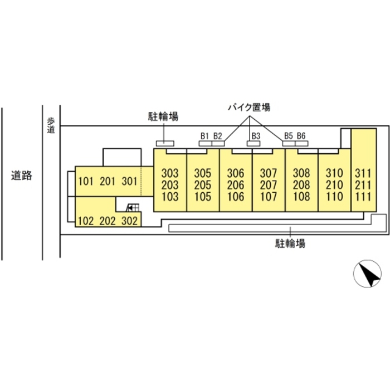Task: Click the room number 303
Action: pos(169,173)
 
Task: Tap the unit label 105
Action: pos(202,196)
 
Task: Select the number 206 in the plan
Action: pos(236,184)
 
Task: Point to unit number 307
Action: pos(269,173)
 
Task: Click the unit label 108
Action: pos(301,196)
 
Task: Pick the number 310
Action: pos(334,173)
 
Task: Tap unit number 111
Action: pos(363,196)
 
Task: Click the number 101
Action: pos(86,181)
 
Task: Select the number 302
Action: pos(129,221)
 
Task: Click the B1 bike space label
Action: pos(204,135)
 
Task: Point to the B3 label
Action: pos(256,135)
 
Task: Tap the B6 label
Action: pos(301,135)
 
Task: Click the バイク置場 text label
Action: pos(249,106)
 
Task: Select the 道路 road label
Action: pos(22,176)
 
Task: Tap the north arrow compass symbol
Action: pos(368,274)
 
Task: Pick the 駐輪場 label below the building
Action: pos(290,243)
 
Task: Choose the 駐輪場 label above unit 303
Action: pos(163,116)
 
